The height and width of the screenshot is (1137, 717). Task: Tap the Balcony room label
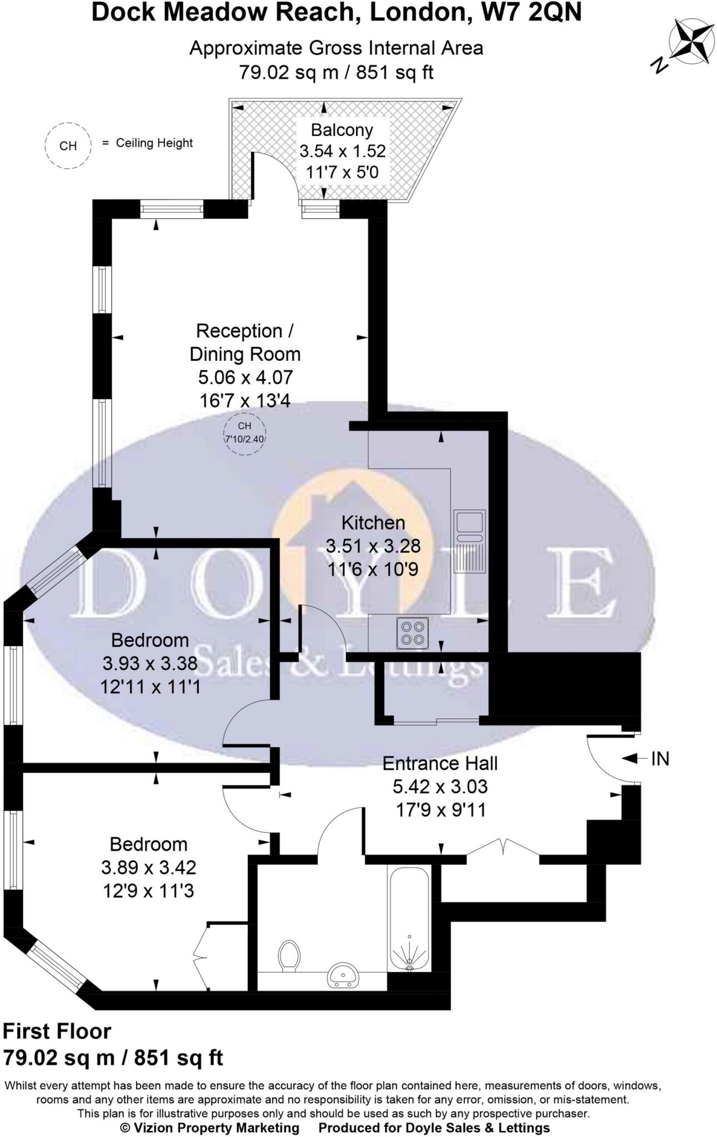(342, 130)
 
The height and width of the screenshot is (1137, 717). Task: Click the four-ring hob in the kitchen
(412, 633)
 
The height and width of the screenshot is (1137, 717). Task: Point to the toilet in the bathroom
(289, 955)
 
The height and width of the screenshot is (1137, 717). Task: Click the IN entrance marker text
(660, 758)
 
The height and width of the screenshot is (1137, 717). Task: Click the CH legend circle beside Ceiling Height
(68, 145)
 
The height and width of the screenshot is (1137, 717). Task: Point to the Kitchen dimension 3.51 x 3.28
(373, 546)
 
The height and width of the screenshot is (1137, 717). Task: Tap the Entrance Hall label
(440, 763)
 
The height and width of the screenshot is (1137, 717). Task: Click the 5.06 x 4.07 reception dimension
(245, 378)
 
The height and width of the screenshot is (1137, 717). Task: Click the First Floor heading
(57, 1031)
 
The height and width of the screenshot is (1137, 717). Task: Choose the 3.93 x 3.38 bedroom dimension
(150, 663)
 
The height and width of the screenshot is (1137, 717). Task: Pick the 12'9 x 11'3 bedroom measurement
(148, 891)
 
